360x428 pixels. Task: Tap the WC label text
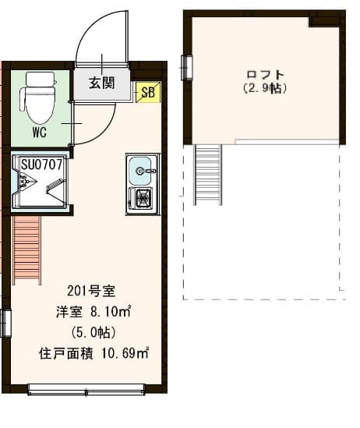38,132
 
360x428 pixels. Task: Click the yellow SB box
146,91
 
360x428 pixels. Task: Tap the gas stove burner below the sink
142,199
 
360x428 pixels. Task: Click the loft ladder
208,175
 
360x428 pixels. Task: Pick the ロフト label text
265,75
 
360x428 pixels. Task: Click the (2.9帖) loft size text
265,88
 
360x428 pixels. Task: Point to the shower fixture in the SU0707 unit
24,184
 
